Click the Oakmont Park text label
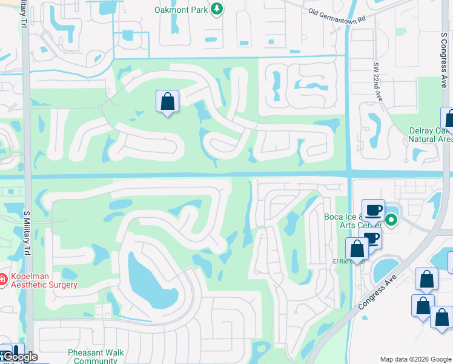click(x=180, y=9)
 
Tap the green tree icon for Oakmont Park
click(x=216, y=9)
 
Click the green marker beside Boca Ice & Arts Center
click(x=392, y=220)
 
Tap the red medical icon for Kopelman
click(x=4, y=280)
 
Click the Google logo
click(x=20, y=357)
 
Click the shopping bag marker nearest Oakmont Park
click(x=167, y=102)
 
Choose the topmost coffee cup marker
click(x=373, y=210)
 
